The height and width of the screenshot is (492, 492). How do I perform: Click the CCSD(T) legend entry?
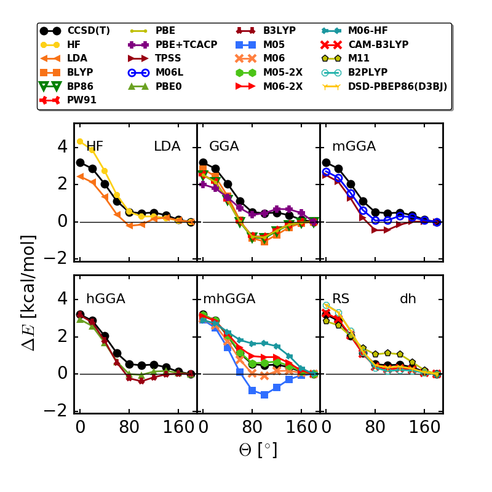[x=89, y=31]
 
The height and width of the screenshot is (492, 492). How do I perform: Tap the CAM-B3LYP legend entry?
[x=378, y=45]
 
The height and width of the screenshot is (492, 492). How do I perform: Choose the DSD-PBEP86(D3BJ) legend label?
[x=397, y=87]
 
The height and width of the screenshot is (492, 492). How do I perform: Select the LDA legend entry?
[x=77, y=58]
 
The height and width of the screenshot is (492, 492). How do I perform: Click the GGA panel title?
[x=224, y=146]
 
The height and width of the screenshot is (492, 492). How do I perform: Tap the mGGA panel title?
[x=354, y=146]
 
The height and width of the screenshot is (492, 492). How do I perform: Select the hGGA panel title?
[x=106, y=299]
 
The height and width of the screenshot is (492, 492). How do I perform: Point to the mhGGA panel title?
[x=229, y=299]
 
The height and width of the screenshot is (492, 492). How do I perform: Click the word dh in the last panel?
[x=408, y=299]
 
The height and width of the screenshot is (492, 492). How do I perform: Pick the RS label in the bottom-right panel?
[x=341, y=299]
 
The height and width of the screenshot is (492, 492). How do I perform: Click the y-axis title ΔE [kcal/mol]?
[x=29, y=292]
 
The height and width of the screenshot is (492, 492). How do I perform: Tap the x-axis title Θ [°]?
[x=258, y=450]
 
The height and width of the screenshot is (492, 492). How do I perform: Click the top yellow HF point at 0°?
[x=80, y=141]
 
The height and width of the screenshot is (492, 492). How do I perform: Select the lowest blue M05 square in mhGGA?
[x=264, y=395]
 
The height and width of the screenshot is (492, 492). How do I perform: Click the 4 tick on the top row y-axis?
[x=61, y=146]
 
